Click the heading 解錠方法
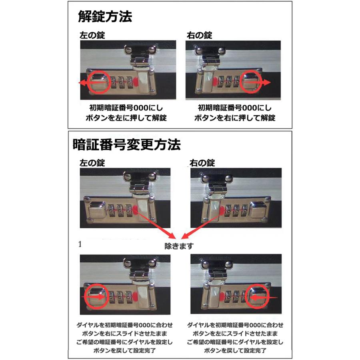105,17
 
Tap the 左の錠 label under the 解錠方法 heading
92,36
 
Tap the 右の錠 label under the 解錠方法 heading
200,36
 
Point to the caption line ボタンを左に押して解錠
126,118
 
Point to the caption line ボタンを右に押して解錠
235,118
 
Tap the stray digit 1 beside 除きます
80,244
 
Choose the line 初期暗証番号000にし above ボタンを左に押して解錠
126,108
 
